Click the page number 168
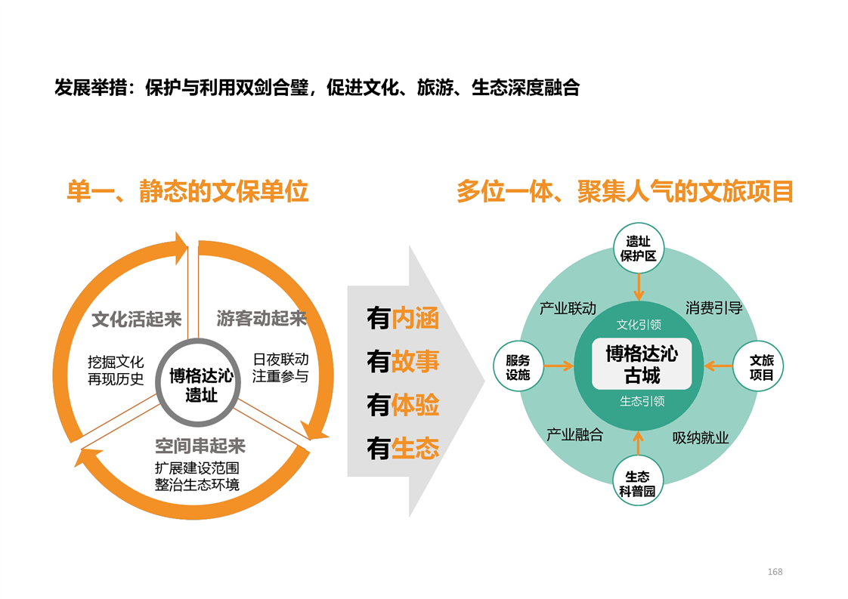pos(775,571)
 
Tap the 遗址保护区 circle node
pos(638,249)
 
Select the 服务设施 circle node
pos(518,366)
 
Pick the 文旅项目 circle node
pos(758,366)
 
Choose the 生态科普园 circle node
pos(638,480)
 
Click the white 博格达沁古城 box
pos(642,364)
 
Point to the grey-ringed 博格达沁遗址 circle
pos(198,383)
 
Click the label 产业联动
pos(568,308)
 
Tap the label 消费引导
pos(714,308)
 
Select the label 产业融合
pos(575,434)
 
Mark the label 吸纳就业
pos(701,437)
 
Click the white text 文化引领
pos(639,324)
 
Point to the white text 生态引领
pos(642,401)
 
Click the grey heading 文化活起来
pos(136,319)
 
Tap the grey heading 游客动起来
pos(262,319)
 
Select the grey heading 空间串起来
pos(200,446)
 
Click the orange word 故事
pos(415,361)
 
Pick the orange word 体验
pos(415,405)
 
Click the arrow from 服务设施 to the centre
pos(559,366)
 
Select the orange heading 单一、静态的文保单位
pos(187,191)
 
